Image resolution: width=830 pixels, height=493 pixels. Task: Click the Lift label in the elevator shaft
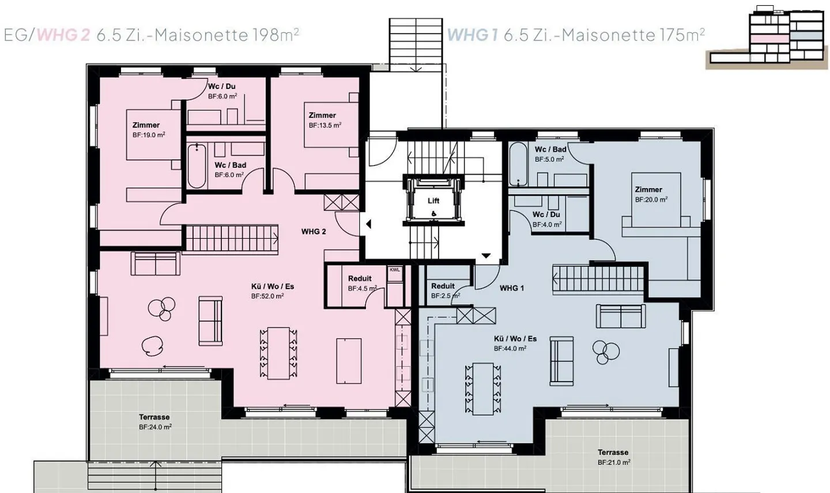[x=433, y=201]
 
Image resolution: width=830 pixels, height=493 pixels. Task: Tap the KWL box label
[x=395, y=269]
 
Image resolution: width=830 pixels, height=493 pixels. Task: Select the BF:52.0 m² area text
[x=267, y=296]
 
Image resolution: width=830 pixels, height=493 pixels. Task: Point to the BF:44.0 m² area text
[x=510, y=348]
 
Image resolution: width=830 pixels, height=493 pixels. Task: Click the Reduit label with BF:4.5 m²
[x=360, y=279]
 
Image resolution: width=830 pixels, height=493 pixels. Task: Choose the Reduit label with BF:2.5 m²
[x=443, y=286]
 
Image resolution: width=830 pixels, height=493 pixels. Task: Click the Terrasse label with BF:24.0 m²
[x=154, y=417]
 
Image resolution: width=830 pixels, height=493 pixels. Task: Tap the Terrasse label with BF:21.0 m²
[x=613, y=452]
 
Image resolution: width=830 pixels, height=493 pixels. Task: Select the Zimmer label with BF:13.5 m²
[x=322, y=115]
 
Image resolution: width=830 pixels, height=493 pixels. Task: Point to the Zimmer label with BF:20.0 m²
[x=648, y=189]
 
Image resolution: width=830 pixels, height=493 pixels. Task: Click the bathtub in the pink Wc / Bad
[x=197, y=166]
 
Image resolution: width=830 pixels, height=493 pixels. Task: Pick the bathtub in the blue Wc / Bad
[x=518, y=164]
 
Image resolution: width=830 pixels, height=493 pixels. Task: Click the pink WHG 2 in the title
[x=63, y=35]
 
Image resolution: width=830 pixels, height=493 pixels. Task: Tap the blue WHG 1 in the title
[x=473, y=35]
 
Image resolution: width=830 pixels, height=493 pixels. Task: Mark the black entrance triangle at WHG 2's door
[x=368, y=224]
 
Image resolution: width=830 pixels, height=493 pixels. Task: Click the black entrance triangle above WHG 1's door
[x=486, y=256]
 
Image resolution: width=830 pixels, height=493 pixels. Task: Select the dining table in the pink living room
[x=278, y=353]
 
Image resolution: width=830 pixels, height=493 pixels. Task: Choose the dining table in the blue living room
[x=483, y=389]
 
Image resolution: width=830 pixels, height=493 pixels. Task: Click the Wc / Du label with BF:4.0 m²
[x=546, y=214]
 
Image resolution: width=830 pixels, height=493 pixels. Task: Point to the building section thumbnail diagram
[x=766, y=37]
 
